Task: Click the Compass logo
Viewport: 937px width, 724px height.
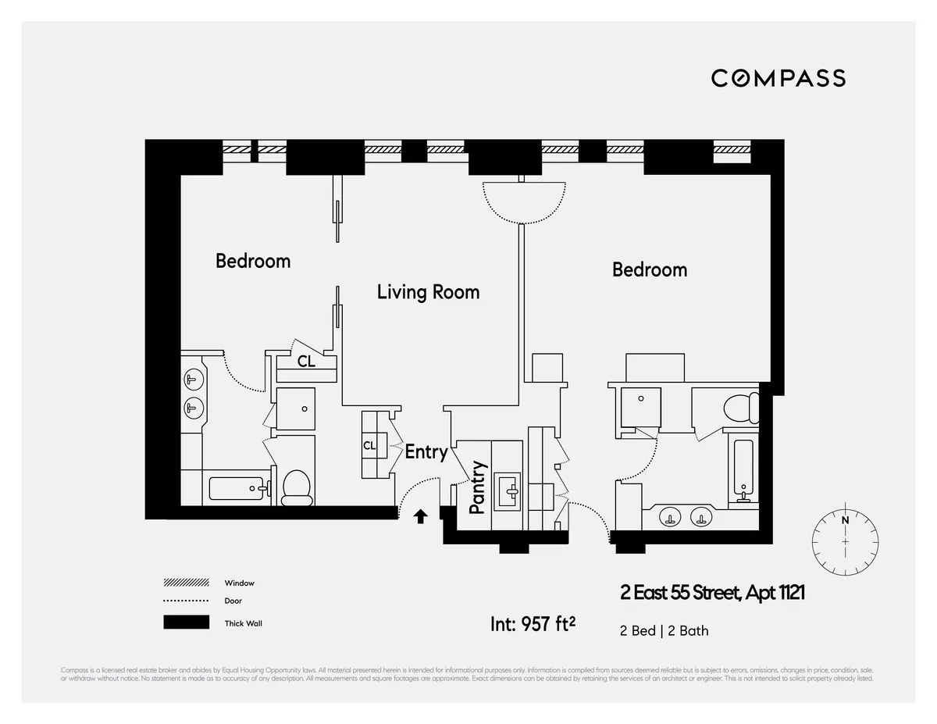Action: (778, 78)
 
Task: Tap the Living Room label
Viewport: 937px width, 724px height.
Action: (428, 292)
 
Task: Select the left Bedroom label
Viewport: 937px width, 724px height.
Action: (253, 261)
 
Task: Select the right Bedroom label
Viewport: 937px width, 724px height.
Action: (650, 270)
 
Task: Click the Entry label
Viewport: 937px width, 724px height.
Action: (426, 451)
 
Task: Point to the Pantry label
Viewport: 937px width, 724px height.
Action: (478, 487)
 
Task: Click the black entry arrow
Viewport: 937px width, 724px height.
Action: (420, 515)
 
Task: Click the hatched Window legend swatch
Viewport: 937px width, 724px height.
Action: (186, 583)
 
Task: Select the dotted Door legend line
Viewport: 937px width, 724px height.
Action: (186, 601)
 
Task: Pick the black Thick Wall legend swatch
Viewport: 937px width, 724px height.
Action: (186, 622)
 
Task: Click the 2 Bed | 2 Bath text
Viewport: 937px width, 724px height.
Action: (664, 630)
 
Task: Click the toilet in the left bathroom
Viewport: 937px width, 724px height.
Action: (296, 486)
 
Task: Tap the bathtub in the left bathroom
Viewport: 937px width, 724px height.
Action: (237, 489)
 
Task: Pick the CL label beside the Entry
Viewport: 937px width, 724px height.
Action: (369, 446)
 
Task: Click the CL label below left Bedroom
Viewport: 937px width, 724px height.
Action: (306, 362)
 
